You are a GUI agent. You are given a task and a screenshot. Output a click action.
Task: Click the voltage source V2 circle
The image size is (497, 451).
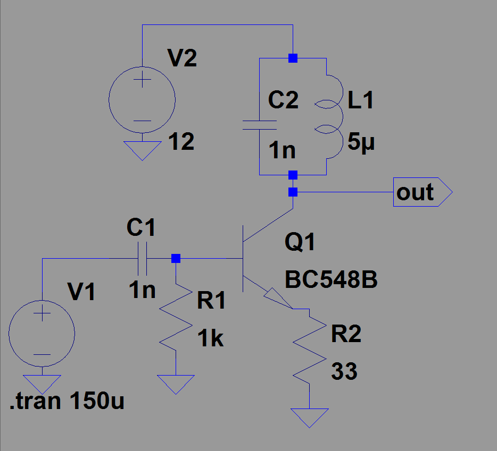pos(142,99)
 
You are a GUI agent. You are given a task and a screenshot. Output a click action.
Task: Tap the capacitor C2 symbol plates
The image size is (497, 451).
pos(259,125)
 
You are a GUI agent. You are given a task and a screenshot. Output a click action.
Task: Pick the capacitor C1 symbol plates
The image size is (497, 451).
pos(142,259)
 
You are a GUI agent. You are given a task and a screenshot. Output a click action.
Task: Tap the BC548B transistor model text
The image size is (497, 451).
pos(331,280)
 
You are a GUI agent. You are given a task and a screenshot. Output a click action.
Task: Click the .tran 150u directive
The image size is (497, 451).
pos(67,402)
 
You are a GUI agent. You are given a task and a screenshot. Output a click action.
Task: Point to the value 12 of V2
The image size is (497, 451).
pos(181,142)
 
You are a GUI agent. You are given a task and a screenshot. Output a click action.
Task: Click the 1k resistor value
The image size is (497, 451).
pos(211,338)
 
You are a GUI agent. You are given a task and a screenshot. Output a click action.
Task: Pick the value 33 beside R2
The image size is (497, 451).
pos(344,371)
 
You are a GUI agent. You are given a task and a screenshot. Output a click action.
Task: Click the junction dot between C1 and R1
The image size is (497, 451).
pos(176,259)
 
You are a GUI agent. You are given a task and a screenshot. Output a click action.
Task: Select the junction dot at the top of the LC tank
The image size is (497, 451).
pos(293,58)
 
